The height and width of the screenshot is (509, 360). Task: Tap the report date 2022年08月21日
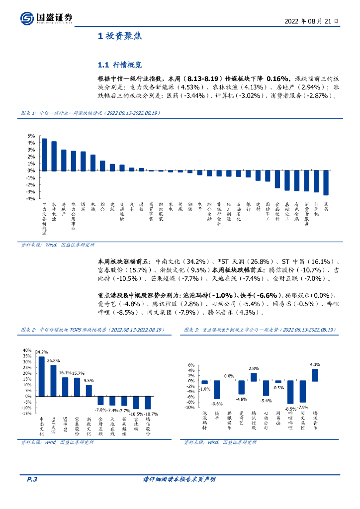312,21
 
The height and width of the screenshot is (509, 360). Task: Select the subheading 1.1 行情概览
120,65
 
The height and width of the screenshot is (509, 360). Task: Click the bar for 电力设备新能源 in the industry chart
44,154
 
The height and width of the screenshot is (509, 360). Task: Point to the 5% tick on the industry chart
31,136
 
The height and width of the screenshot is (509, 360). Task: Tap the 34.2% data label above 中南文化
41,352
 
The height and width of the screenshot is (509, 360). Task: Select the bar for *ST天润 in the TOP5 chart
53,381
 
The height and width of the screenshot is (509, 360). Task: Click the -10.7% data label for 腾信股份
151,414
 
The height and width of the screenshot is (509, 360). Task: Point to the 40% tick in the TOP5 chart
27,349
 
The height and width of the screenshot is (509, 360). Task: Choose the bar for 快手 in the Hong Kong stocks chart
217,390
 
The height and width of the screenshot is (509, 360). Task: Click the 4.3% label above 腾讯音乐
315,364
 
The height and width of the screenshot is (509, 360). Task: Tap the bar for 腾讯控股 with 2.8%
254,377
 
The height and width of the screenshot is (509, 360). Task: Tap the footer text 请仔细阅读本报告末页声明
179,479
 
